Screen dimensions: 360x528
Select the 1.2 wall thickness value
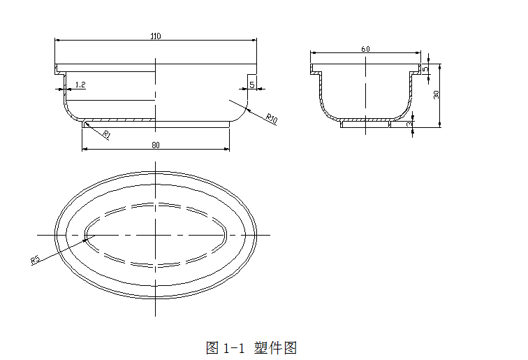click(x=80, y=85)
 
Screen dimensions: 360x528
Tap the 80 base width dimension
click(x=155, y=145)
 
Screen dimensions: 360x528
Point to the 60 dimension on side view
click(x=365, y=49)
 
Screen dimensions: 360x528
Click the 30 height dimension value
click(x=436, y=95)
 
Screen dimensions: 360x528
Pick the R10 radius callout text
click(x=272, y=118)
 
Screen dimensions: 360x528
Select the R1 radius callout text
click(x=107, y=134)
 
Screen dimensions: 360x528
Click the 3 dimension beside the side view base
click(x=409, y=124)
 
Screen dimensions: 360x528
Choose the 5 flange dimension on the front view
click(x=251, y=85)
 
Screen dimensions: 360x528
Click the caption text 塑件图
click(x=276, y=347)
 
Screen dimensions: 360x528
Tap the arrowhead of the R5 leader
click(x=86, y=239)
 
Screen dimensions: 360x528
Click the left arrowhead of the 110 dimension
click(x=57, y=41)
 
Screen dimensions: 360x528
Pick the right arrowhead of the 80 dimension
click(x=227, y=149)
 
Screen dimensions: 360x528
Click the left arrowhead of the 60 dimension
click(x=313, y=52)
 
